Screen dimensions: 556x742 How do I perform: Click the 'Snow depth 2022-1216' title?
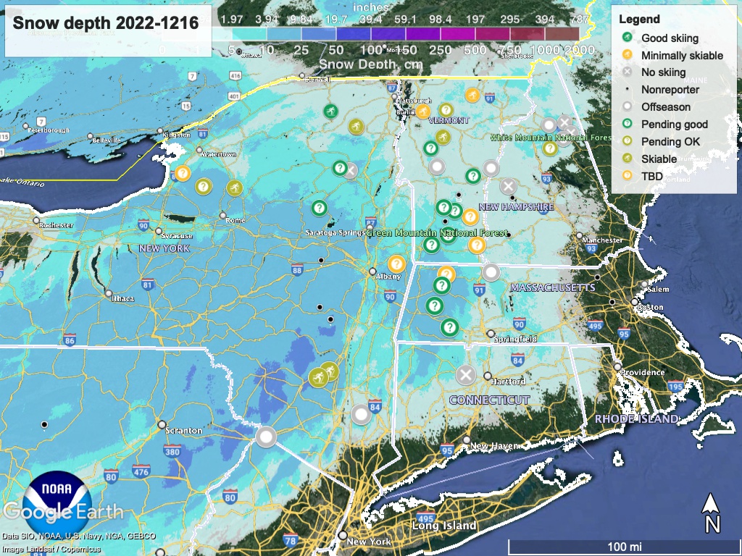[x=106, y=23]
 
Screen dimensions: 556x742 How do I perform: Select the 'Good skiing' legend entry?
[x=670, y=38]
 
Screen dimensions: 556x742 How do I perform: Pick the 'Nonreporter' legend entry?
[x=670, y=90]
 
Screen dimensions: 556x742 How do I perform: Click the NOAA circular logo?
[x=57, y=499]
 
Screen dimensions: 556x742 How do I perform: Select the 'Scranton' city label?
[x=183, y=430]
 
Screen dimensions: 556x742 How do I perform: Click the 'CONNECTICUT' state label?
[x=489, y=400]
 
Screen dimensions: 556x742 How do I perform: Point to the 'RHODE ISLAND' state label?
[x=636, y=419]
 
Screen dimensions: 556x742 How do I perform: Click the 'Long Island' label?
[x=444, y=526]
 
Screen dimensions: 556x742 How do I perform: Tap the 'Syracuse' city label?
[x=177, y=236]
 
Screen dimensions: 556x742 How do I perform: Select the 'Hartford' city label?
[x=507, y=381]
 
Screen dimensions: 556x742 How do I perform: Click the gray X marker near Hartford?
[x=466, y=375]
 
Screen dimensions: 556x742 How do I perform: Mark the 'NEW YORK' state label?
[x=164, y=248]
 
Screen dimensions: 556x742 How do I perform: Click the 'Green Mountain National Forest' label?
[x=432, y=233]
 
